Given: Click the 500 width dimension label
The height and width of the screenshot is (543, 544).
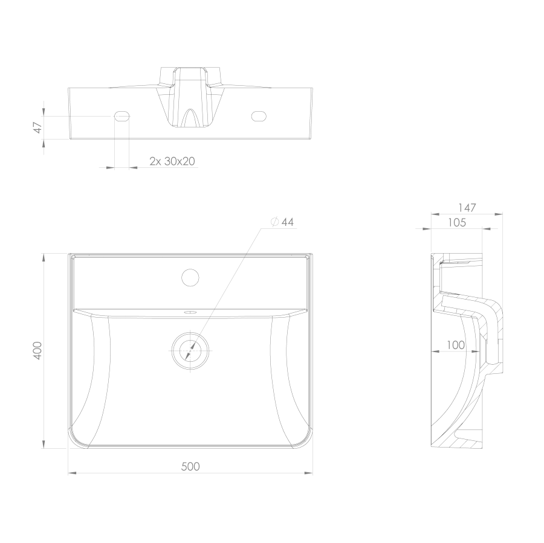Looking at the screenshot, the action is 190,466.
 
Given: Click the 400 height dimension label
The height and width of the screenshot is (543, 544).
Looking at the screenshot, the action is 37,350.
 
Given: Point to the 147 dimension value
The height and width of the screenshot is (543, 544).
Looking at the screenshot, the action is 467,208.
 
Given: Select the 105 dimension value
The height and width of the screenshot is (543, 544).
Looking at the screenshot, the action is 457,222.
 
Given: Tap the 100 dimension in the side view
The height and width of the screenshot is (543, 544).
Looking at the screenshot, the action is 456,345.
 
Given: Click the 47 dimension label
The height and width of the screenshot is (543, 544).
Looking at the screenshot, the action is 38,127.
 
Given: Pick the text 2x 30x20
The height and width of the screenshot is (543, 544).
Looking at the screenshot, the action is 172,161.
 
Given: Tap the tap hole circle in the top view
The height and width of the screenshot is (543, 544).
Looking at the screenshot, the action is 190,277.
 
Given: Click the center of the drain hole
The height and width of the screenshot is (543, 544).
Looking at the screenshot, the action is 190,351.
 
